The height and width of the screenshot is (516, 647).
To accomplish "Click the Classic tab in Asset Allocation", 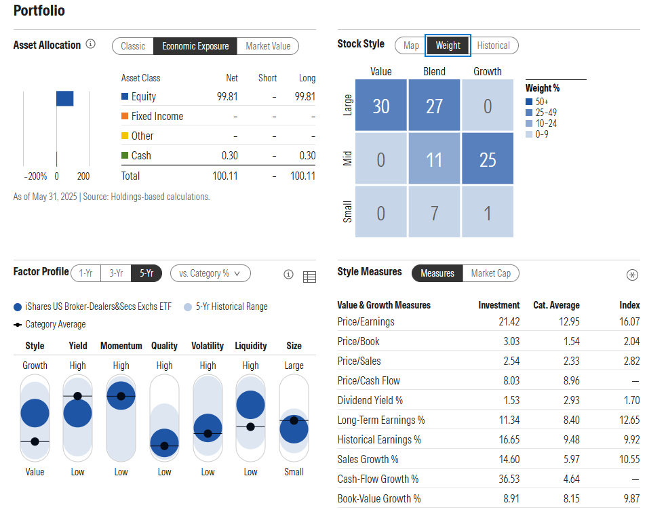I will coord(133,46).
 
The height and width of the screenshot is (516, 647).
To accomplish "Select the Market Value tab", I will coord(268,46).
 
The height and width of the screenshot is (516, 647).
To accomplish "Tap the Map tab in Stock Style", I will coord(411,45).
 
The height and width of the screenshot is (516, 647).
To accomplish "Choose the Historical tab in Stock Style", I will coord(493,45).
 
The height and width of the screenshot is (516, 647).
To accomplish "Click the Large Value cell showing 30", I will coord(380,106).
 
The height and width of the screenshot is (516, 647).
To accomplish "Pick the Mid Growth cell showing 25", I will coord(488,159).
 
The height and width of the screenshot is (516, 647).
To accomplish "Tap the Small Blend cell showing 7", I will coord(434,213).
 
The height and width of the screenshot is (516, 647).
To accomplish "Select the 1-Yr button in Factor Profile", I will coord(86,273).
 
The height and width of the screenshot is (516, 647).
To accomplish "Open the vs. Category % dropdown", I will coord(210,273).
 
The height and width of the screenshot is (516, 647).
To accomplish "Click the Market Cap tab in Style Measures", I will coord(490,273).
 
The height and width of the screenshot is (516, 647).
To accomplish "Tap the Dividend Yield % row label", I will coord(370,400).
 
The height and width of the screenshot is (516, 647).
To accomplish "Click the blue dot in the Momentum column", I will coord(121,396).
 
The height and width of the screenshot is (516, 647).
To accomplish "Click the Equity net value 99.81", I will coord(227,97).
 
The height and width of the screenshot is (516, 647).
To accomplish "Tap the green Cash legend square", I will coord(125,155).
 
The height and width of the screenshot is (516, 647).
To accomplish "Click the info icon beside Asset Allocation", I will coord(91,45).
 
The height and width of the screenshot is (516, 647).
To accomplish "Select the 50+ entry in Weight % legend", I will coord(542,102).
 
